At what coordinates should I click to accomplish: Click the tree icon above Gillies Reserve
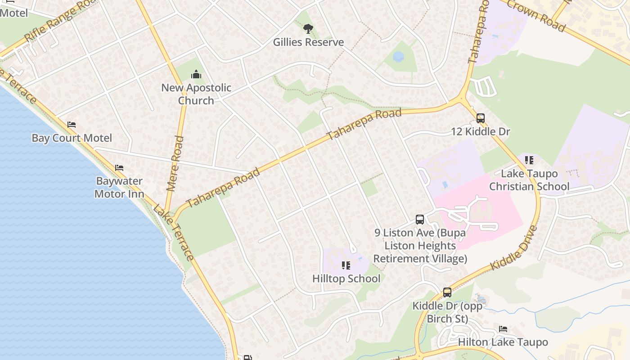[x=308, y=29]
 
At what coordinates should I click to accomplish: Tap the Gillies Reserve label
[x=308, y=42]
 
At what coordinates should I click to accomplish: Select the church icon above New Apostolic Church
[x=196, y=74]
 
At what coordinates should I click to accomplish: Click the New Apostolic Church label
[x=196, y=94]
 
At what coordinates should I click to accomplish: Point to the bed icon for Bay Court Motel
[x=72, y=125]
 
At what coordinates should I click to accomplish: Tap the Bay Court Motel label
[x=72, y=138]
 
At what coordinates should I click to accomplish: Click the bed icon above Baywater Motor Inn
[x=119, y=168]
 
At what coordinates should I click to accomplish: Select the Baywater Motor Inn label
[x=119, y=188]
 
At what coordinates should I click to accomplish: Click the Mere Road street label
[x=175, y=164]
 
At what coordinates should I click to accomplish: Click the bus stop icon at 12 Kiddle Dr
[x=481, y=118]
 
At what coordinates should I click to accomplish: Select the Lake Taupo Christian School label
[x=529, y=180]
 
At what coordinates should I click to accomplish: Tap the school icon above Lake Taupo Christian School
[x=529, y=160]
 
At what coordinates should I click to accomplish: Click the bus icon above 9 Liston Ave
[x=420, y=220]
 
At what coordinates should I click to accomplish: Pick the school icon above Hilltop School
[x=346, y=265]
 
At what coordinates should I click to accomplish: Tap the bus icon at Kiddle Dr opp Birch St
[x=447, y=292]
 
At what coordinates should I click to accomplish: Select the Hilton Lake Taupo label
[x=503, y=342]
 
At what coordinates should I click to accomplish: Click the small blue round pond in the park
[x=398, y=57]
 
